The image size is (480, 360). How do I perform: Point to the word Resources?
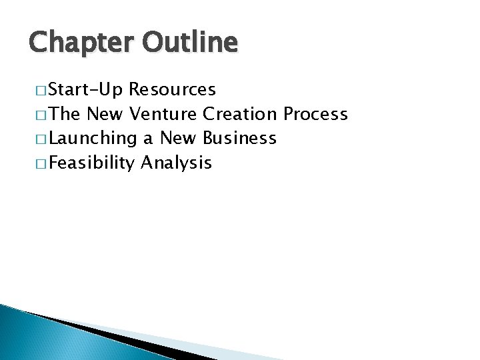[x=173, y=89]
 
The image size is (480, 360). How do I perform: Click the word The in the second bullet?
[x=63, y=114]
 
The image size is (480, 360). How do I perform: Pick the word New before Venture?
[x=106, y=114]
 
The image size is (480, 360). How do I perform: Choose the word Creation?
[x=242, y=114]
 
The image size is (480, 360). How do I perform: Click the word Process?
[x=315, y=114]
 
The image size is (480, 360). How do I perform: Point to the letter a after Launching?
[x=147, y=139]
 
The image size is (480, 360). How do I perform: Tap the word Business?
[x=239, y=138]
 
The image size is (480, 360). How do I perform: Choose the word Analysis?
[x=176, y=162]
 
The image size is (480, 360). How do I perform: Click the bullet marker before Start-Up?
[x=38, y=89]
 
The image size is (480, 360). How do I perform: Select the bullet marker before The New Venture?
[x=38, y=114]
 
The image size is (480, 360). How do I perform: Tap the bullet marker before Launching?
[x=38, y=138]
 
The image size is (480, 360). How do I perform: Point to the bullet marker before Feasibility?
[x=38, y=162]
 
